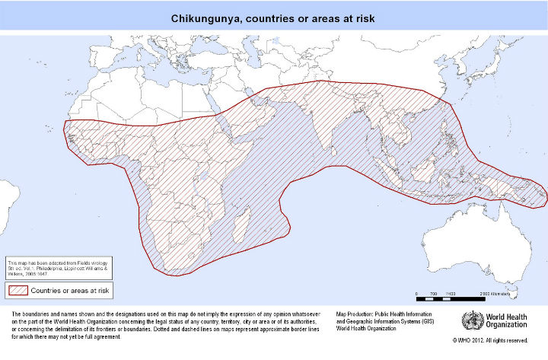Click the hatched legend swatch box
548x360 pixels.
click(17, 289)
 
